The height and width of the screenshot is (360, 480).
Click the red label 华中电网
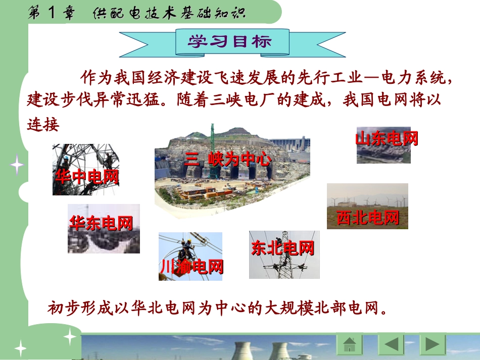point(87,177)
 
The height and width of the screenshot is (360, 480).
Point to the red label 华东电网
point(101,223)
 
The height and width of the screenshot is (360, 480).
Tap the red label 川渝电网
point(191,266)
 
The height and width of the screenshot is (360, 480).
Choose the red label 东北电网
point(282,248)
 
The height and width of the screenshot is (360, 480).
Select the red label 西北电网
point(367,218)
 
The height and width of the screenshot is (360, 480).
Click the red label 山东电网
point(387,138)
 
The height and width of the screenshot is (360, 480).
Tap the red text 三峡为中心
point(227,160)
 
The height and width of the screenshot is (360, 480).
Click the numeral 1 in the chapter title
point(53,13)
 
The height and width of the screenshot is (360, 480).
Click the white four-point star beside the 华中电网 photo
point(17,165)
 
